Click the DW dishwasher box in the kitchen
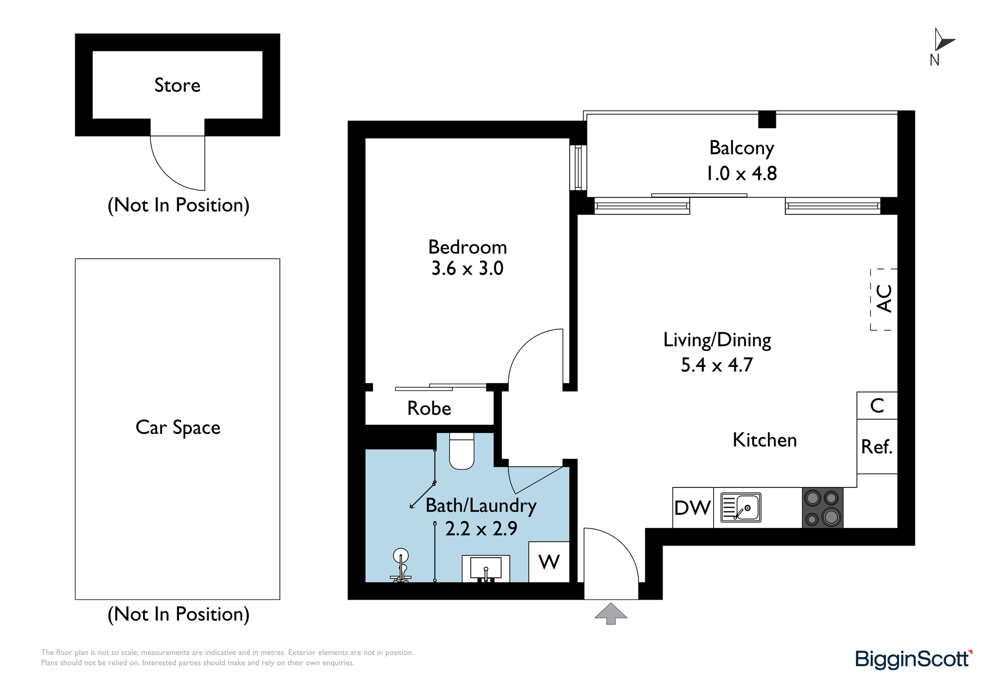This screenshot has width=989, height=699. (x=693, y=508)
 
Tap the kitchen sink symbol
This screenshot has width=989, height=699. (x=741, y=507)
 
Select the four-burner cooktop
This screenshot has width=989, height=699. (x=822, y=508)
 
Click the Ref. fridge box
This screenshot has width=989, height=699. (x=877, y=446)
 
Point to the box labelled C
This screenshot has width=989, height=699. (x=877, y=405)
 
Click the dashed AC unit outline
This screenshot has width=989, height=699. (x=884, y=299)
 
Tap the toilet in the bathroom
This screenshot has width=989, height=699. (x=461, y=451)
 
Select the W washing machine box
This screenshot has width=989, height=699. (x=549, y=562)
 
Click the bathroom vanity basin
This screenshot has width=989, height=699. (x=486, y=568)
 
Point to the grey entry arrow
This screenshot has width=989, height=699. (x=611, y=613)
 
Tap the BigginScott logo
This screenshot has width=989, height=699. (x=914, y=659)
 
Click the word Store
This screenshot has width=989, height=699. (x=178, y=85)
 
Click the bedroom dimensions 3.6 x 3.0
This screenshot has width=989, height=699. (x=467, y=268)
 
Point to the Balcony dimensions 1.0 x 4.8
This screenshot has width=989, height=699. (x=741, y=174)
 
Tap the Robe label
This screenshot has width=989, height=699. (x=429, y=408)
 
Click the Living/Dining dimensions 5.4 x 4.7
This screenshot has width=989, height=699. (x=717, y=365)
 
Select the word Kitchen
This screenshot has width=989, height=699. (x=765, y=440)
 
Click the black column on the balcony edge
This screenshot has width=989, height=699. (x=767, y=120)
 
